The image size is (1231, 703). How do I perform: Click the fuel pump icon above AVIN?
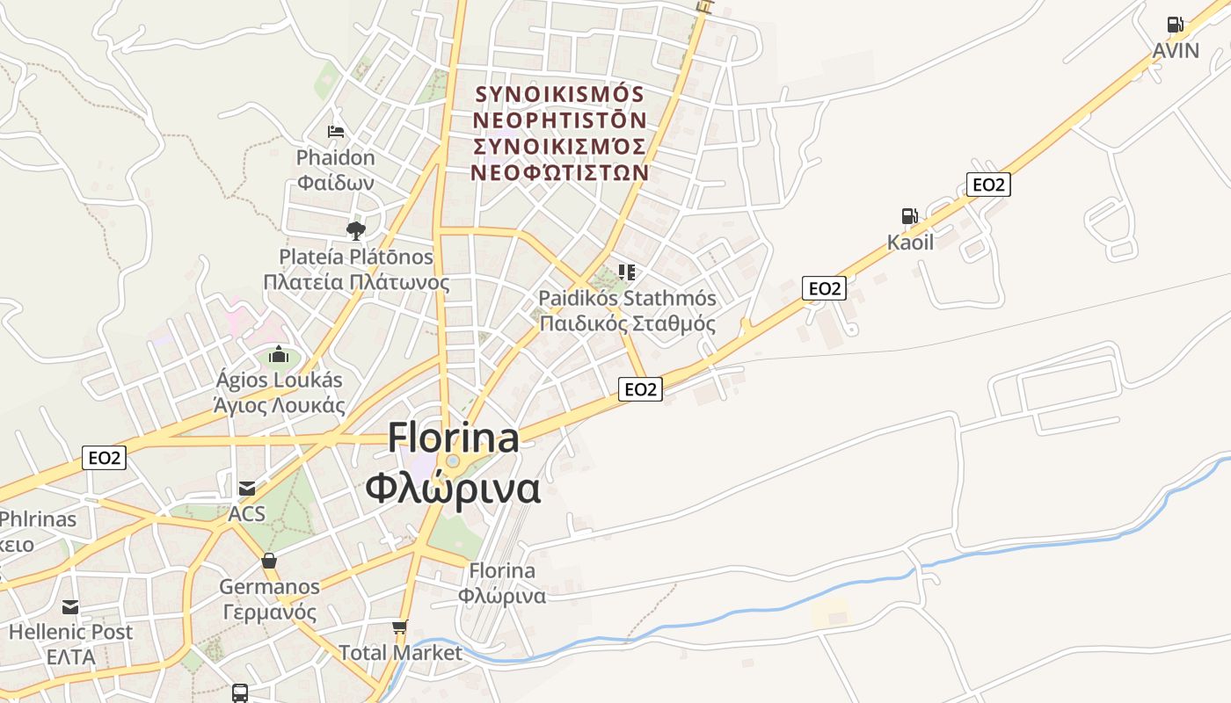click(x=1175, y=25)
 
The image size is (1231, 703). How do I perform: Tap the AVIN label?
click(x=1176, y=50)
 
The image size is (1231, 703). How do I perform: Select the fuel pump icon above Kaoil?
click(x=909, y=216)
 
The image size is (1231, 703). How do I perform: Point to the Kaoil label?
click(x=910, y=242)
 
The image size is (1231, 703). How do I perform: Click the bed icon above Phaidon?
click(x=335, y=132)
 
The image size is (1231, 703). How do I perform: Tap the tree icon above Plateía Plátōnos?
click(x=355, y=231)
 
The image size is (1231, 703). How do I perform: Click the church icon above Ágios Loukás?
click(x=279, y=355)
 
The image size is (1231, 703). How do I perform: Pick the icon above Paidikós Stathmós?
click(x=627, y=272)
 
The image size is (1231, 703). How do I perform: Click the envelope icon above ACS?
click(x=247, y=489)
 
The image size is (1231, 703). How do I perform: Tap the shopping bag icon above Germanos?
click(x=269, y=561)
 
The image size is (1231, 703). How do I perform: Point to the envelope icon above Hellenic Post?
click(x=70, y=607)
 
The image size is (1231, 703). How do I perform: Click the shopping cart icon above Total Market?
click(x=400, y=627)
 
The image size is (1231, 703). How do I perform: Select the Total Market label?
click(x=400, y=653)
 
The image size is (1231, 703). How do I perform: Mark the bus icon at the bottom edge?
click(x=239, y=692)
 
